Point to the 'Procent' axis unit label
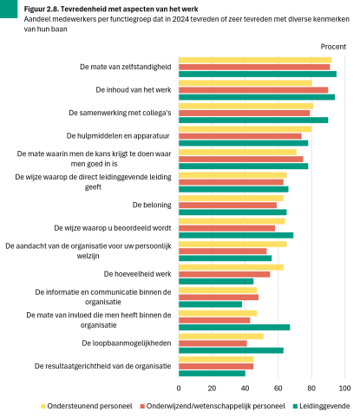tap(333, 46)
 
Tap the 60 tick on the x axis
tap(278, 387)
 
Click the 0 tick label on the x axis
tap(179, 387)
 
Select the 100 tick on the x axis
tap(345, 387)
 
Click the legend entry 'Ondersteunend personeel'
tap(87, 404)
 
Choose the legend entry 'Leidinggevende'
tap(324, 404)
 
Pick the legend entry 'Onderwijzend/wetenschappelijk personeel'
tap(213, 404)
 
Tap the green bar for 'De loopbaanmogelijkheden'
tap(231, 349)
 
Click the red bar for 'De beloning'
tap(227, 205)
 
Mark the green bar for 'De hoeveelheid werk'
tap(216, 281)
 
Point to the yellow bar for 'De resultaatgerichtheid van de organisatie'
tap(216, 357)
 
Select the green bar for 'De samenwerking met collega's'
tap(253, 120)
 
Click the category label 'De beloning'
tap(151, 205)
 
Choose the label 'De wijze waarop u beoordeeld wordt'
tap(112, 227)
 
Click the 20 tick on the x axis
tap(212, 387)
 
